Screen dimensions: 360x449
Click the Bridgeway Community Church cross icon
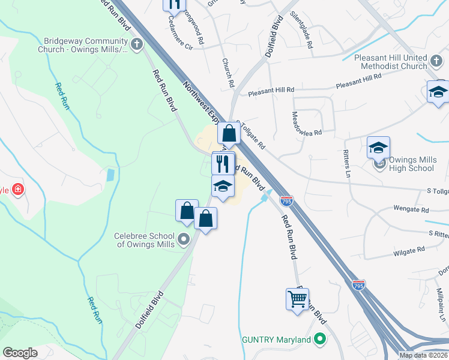(x=137, y=44)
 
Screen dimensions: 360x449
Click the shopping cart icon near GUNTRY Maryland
(x=298, y=298)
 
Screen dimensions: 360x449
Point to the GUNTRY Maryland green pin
(x=320, y=340)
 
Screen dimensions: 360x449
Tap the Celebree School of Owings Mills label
(x=144, y=240)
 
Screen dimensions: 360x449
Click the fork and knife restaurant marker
(x=223, y=163)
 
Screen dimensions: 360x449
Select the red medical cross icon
(x=19, y=190)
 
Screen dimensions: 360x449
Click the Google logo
(x=20, y=353)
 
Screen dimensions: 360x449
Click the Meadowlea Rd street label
(x=307, y=122)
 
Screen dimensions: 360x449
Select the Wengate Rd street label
(x=411, y=210)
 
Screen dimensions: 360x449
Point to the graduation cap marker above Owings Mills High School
(x=378, y=148)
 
